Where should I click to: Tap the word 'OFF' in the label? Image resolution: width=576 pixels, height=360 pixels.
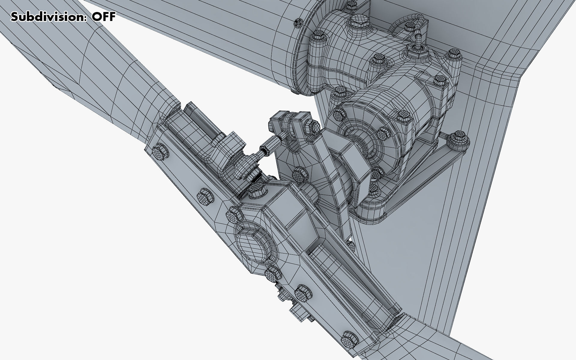[103, 17]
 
